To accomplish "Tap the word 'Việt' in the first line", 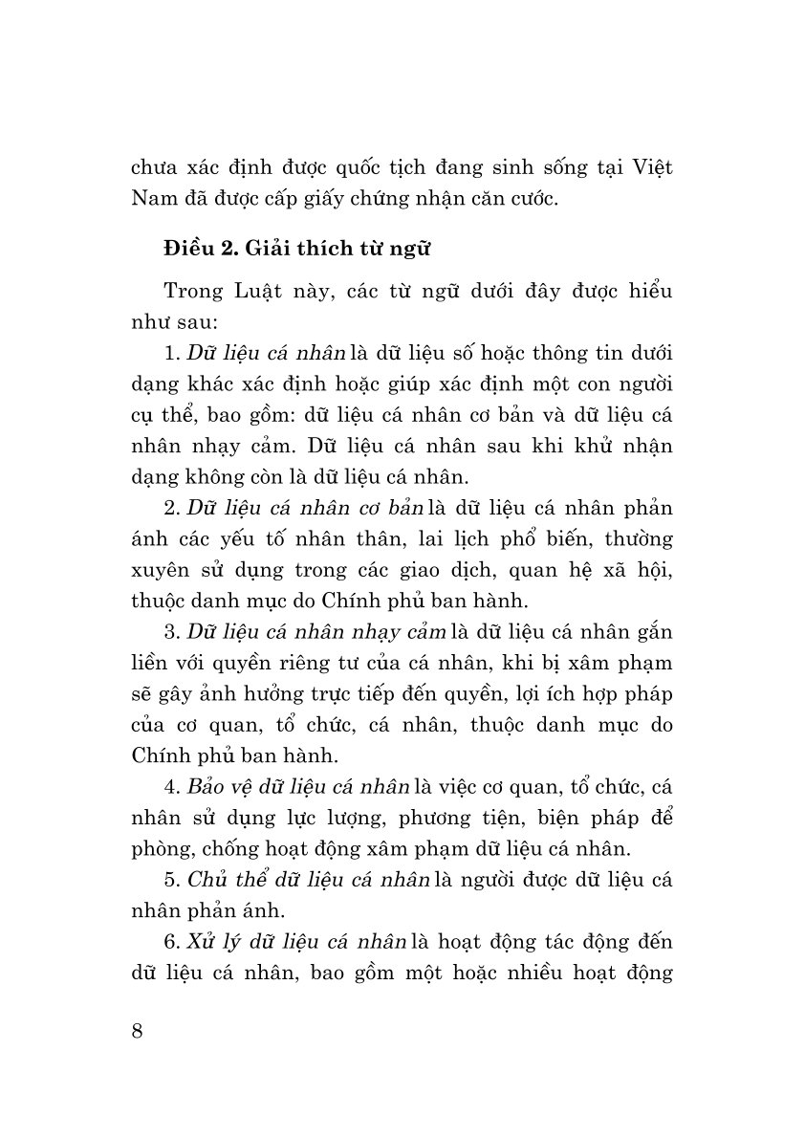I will (650, 168).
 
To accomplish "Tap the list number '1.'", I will (173, 356).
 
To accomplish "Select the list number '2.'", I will (173, 508).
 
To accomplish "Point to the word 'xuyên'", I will (159, 570).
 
